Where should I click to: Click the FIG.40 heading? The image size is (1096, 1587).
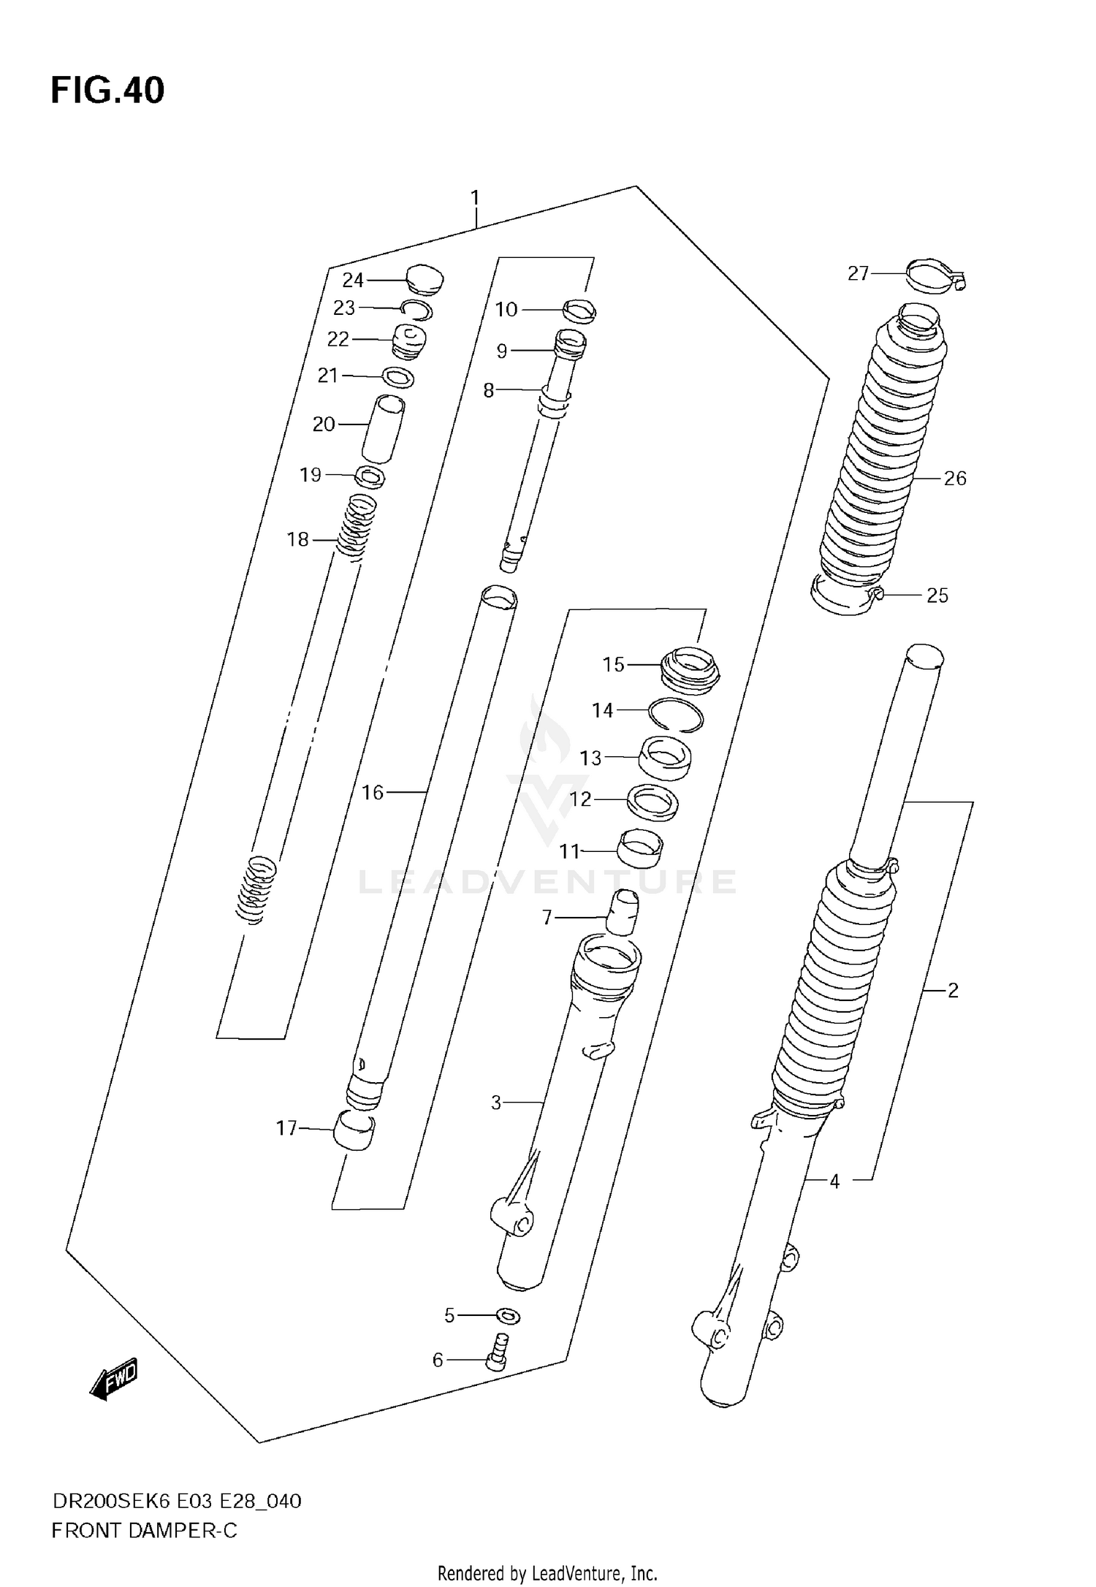coord(107,91)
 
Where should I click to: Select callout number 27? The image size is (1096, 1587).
coord(858,273)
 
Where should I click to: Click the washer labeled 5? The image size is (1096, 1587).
coord(508,1317)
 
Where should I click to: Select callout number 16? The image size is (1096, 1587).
coord(373,792)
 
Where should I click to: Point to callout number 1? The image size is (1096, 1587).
coord(475,198)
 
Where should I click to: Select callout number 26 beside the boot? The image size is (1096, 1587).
coord(955,479)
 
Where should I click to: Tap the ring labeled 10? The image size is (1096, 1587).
coord(579,311)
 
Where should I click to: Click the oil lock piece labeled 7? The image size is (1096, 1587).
coord(622,912)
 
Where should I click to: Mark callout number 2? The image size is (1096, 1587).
coord(952,991)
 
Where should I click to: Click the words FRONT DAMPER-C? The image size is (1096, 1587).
coord(144,1531)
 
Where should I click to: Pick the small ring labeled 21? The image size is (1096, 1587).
coord(399,378)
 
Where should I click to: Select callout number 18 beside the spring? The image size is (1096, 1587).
coord(297,540)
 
